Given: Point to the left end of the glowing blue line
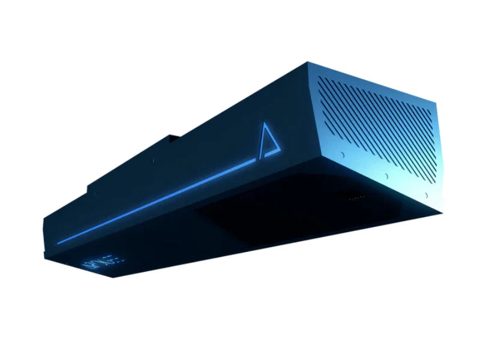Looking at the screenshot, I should click(58, 243).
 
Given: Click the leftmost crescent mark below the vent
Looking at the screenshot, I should click(342, 155).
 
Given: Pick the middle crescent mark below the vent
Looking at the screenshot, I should click(386, 177).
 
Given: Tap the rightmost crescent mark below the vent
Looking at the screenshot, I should click(425, 196).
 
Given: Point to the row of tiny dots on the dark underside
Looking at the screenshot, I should click(356, 196).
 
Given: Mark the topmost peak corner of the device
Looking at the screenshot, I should click(308, 62).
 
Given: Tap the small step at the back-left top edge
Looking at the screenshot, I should click(90, 188).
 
